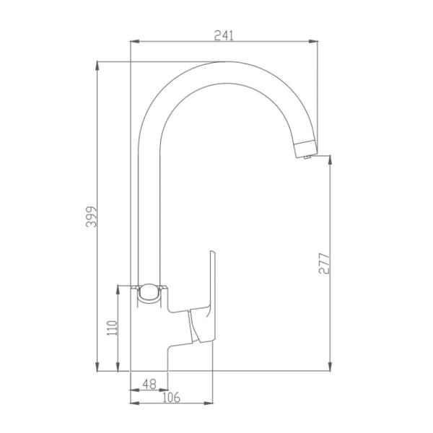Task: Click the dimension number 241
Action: (x=224, y=35)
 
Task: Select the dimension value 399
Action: (x=91, y=216)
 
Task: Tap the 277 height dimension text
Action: (x=324, y=263)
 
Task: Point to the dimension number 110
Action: (x=113, y=328)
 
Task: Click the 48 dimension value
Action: (x=149, y=384)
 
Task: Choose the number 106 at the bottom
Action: (x=171, y=398)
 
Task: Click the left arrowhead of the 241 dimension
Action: (x=134, y=41)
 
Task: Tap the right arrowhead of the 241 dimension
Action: (x=313, y=41)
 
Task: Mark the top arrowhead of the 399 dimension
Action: (x=97, y=66)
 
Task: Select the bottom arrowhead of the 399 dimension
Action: (x=97, y=367)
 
